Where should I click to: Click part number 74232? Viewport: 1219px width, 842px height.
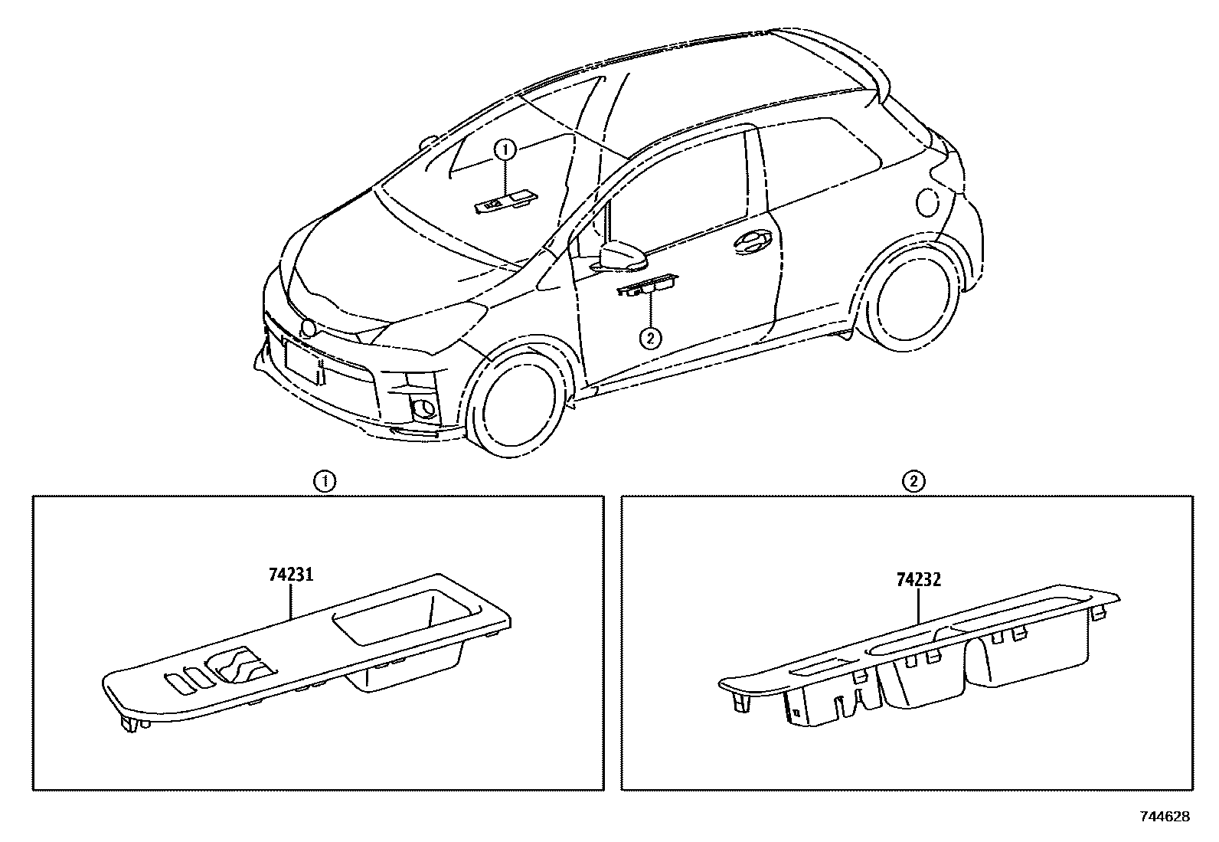pyautogui.click(x=917, y=580)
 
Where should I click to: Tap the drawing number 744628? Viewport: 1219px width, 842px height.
pyautogui.click(x=1165, y=817)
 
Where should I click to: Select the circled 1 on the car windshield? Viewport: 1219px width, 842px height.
pyautogui.click(x=505, y=150)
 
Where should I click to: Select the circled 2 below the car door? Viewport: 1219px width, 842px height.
pyautogui.click(x=649, y=338)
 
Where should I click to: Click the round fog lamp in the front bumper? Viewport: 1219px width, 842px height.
pyautogui.click(x=423, y=407)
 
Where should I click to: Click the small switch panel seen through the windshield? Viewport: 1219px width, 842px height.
pyautogui.click(x=505, y=203)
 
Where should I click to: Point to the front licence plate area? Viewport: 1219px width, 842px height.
pyautogui.click(x=302, y=360)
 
